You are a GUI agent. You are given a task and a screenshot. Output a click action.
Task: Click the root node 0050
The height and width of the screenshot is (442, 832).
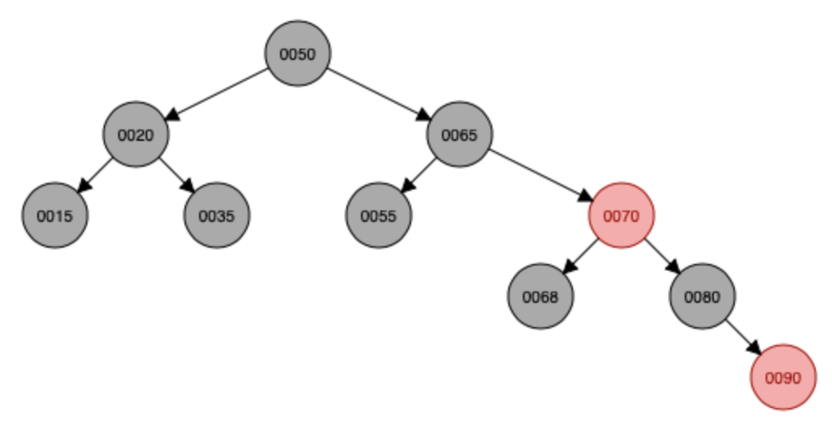tap(298, 53)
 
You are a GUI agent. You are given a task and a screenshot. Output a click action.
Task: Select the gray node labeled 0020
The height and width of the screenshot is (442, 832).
tap(136, 134)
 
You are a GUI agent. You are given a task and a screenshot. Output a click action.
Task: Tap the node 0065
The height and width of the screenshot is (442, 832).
tap(460, 134)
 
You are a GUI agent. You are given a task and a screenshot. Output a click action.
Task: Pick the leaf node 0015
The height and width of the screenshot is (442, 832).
tap(55, 215)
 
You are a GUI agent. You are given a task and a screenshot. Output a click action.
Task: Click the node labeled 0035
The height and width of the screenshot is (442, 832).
tap(217, 215)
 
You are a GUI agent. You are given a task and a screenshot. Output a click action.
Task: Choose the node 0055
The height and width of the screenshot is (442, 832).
tap(379, 215)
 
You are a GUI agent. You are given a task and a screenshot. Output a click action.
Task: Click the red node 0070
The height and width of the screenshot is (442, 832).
tap(622, 215)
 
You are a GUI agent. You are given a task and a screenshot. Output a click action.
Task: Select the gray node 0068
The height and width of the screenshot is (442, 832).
tap(541, 296)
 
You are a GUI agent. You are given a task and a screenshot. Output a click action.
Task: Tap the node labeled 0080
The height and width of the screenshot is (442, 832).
tap(703, 296)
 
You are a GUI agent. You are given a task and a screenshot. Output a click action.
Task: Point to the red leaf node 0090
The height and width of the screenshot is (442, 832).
tap(783, 377)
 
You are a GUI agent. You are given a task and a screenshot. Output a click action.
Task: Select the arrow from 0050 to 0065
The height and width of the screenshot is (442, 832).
tap(379, 94)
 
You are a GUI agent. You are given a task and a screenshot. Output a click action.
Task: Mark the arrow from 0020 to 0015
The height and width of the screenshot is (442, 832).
tap(96, 175)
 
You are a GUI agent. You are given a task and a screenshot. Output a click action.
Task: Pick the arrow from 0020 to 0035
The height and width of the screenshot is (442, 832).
tap(176, 175)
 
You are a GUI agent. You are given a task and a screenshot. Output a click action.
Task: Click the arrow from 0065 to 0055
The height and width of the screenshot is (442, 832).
tap(419, 175)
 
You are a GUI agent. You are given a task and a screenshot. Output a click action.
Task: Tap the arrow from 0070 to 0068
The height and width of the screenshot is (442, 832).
tap(581, 256)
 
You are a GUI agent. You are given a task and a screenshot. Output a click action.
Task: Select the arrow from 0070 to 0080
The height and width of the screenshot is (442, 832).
tap(662, 256)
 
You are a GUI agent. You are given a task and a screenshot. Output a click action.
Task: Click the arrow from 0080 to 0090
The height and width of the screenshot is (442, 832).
tap(743, 337)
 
